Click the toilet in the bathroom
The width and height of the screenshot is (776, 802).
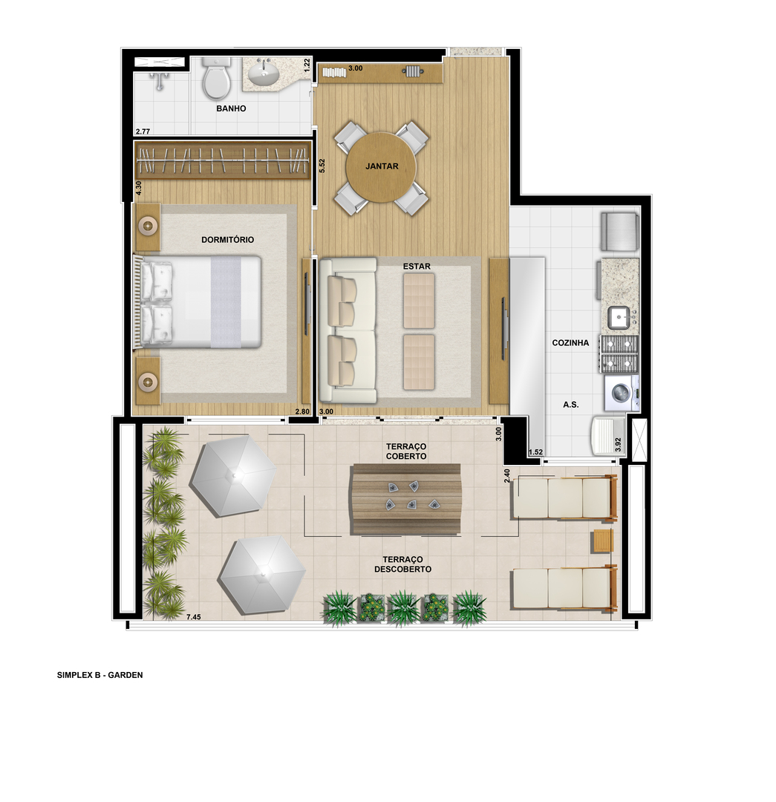coord(216,78)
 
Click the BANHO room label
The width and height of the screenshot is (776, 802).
coord(231,108)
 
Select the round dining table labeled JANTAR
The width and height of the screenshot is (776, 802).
coord(382,167)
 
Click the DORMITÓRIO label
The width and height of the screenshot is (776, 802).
coord(228,239)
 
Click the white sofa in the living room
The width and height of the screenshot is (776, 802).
coord(348,330)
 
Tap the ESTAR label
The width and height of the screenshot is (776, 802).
coord(417,267)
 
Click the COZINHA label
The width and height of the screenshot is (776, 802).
coord(570,342)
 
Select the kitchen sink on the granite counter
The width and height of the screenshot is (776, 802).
coord(620,318)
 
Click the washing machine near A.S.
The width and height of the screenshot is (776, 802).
coord(622,394)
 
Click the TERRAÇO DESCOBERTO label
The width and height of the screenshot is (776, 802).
coord(402,564)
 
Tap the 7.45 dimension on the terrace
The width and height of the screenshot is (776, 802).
coord(193,617)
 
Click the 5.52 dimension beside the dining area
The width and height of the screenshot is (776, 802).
coord(322,166)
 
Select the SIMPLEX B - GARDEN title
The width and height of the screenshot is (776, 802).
coord(100,675)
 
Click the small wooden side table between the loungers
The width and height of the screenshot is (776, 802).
coord(603,541)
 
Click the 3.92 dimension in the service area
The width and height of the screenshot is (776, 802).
coord(618,445)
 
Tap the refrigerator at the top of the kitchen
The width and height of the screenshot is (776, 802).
coord(620,232)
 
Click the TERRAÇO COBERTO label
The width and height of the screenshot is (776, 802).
coord(406,451)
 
